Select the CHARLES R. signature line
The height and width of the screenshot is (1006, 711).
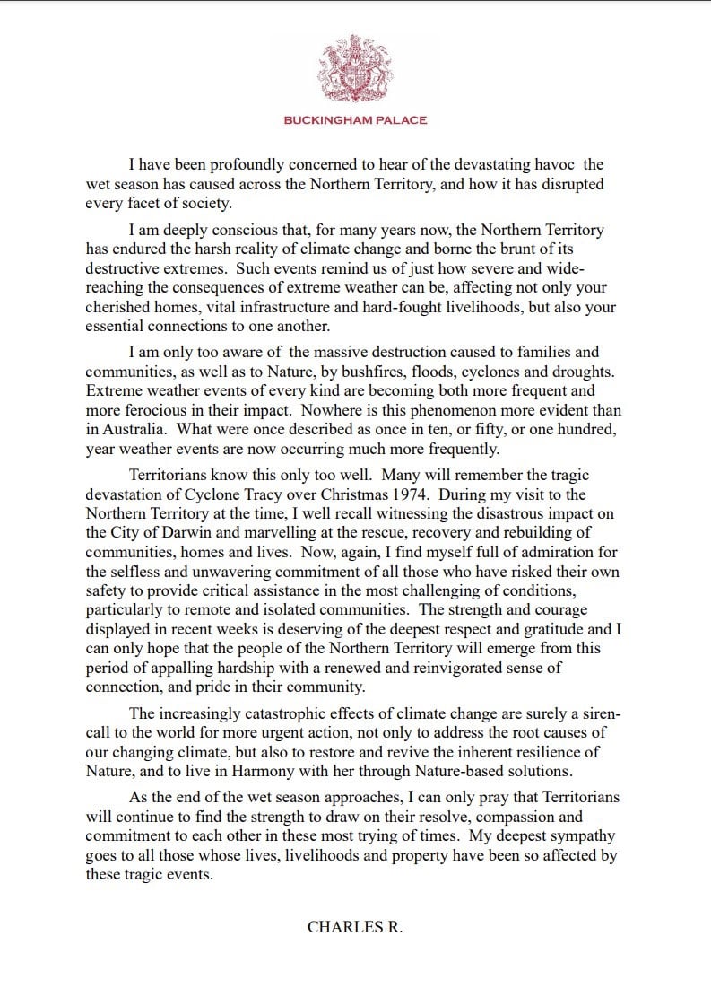(x=355, y=927)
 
